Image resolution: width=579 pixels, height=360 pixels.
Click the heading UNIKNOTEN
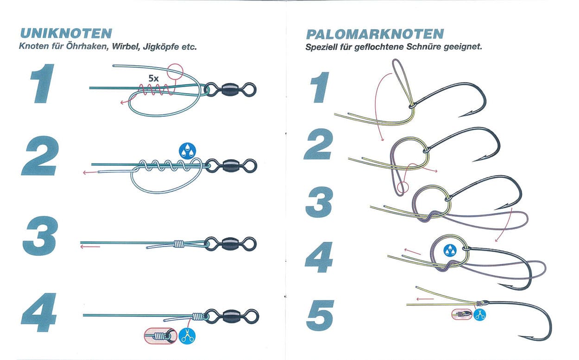click(x=66, y=34)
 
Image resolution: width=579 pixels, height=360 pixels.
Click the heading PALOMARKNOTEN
click(x=375, y=34)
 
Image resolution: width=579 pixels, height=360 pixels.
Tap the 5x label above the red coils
click(x=153, y=78)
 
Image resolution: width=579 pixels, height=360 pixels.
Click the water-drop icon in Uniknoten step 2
click(x=188, y=151)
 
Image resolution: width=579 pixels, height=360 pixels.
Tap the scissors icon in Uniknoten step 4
click(x=187, y=336)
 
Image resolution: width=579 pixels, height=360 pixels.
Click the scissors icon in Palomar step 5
click(x=479, y=315)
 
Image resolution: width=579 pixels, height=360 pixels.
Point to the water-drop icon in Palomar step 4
click(x=450, y=251)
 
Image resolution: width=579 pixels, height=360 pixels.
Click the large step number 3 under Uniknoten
click(x=40, y=236)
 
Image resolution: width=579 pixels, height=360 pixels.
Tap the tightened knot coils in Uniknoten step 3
click(x=179, y=244)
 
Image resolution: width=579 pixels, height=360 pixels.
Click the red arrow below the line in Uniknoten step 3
click(x=90, y=247)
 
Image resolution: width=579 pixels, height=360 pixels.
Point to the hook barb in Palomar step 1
click(x=465, y=114)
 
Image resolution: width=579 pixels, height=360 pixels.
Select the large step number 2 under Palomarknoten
click(x=319, y=144)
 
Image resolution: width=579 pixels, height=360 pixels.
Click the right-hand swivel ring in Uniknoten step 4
click(x=251, y=316)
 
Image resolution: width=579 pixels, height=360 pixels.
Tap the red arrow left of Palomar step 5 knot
click(x=425, y=299)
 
